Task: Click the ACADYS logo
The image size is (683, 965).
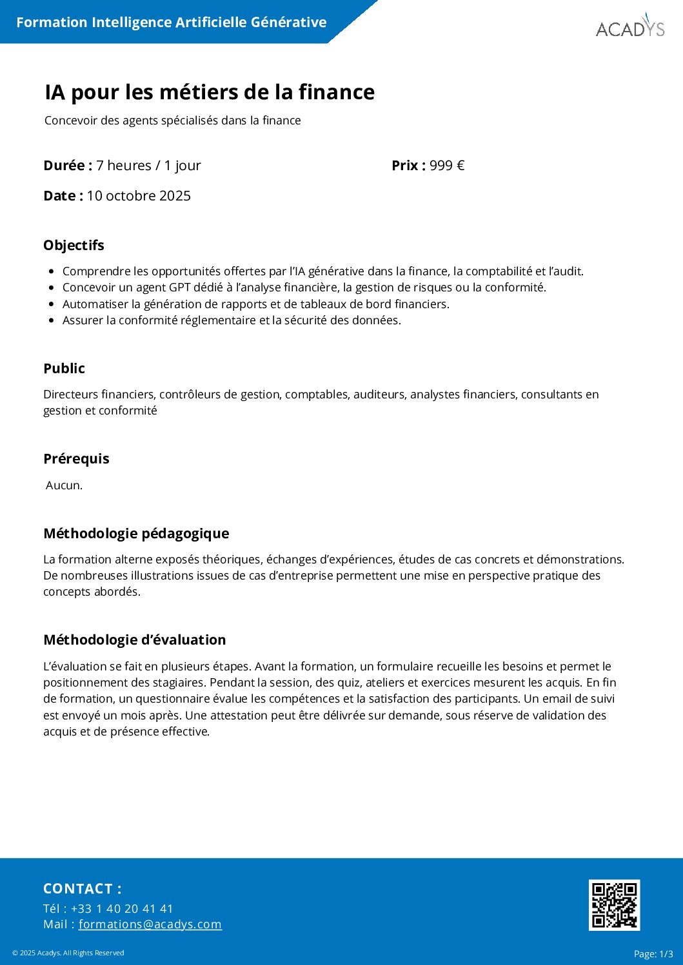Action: [629, 27]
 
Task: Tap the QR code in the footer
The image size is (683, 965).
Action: [614, 904]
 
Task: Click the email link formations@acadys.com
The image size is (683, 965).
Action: [150, 924]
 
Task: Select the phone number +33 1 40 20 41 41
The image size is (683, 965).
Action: [122, 908]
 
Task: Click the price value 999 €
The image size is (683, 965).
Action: [447, 166]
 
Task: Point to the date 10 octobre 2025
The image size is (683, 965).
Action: [139, 196]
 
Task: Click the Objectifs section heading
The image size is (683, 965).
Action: [74, 246]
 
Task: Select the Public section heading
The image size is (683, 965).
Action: [64, 369]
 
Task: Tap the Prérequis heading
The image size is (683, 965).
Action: [76, 459]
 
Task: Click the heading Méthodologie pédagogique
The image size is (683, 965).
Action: [136, 534]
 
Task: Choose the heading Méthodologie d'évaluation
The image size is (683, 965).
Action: [134, 640]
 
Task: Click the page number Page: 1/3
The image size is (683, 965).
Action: [653, 954]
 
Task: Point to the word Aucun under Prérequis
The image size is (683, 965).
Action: [64, 485]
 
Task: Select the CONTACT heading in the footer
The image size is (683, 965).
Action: [82, 889]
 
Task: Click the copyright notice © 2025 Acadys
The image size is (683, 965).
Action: [68, 953]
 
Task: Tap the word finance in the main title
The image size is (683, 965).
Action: [336, 92]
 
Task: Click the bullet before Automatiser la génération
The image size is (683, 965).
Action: [52, 304]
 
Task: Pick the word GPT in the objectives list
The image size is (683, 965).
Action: [180, 288]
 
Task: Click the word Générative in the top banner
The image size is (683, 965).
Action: [288, 23]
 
